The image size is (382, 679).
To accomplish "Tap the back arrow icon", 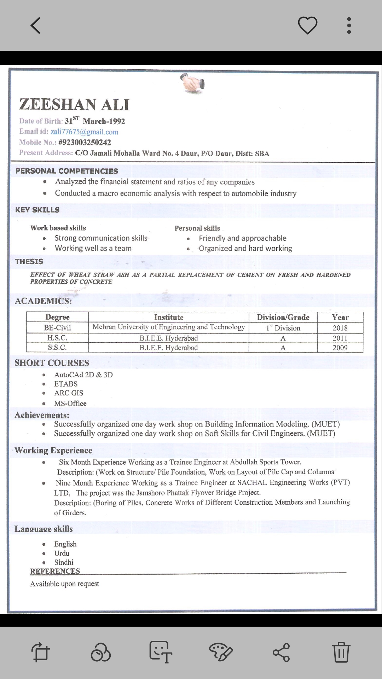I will click(x=36, y=25).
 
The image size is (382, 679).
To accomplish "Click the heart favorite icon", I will click(x=307, y=25).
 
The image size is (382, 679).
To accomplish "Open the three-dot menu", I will click(x=349, y=25).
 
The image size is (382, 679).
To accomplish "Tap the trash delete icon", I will click(x=341, y=651).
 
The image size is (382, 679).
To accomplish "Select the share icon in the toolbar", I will click(x=281, y=652).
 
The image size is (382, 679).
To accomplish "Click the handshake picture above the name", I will click(x=192, y=83).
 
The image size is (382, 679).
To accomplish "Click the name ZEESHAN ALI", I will click(x=74, y=104).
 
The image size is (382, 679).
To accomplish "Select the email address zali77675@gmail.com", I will click(x=84, y=132).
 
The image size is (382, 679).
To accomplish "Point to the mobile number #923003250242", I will click(x=85, y=143).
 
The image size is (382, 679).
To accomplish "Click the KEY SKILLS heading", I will click(x=37, y=210).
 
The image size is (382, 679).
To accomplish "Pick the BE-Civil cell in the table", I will click(x=57, y=328).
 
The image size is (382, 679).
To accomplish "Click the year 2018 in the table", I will click(x=340, y=328).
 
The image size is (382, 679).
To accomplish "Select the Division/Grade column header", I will click(x=283, y=317).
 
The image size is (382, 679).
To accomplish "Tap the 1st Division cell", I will click(x=283, y=328).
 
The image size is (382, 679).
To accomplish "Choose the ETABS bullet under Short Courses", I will click(x=66, y=384).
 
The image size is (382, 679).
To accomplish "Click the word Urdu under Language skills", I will click(x=62, y=553).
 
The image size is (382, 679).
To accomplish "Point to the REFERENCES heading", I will click(x=55, y=571).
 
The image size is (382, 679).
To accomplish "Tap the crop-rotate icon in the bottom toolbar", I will click(x=40, y=652).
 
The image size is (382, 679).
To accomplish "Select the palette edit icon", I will click(x=220, y=652).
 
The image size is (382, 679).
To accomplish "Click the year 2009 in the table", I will click(x=340, y=348).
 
